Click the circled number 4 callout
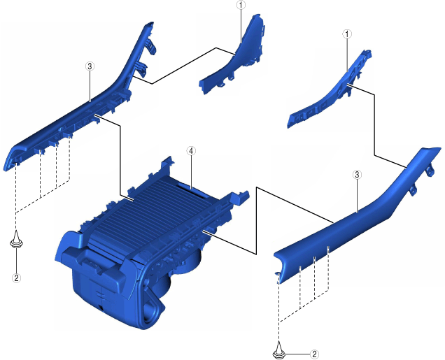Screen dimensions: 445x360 [191, 151]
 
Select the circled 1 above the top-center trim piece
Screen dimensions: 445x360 [241, 5]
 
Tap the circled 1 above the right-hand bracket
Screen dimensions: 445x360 [347, 34]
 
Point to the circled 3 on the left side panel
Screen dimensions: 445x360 [90, 66]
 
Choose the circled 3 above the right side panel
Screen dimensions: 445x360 [357, 175]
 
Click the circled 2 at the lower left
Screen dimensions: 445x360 [17, 278]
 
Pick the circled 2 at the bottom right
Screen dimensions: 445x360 [314, 354]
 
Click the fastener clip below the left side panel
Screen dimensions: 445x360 [17, 240]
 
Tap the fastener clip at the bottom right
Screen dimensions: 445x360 [279, 350]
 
